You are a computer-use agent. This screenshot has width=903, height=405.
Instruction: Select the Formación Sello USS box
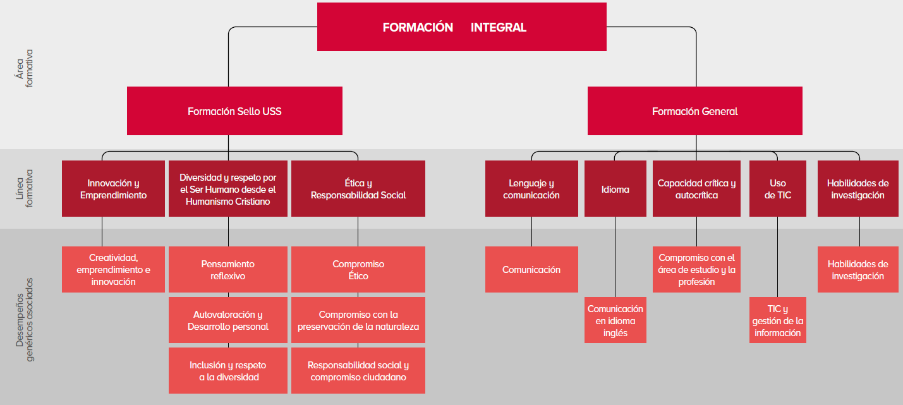point(234,111)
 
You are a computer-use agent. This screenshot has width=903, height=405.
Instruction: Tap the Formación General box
point(694,111)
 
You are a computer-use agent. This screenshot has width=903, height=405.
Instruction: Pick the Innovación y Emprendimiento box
point(113,189)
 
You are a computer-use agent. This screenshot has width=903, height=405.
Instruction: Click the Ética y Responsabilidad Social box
point(358,189)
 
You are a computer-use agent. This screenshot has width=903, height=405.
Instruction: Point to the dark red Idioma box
point(615,189)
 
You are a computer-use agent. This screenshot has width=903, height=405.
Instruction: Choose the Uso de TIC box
point(777,189)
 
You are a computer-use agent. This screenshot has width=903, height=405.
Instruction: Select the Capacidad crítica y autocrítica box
point(696,189)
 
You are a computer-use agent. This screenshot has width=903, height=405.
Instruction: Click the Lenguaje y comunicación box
point(531,189)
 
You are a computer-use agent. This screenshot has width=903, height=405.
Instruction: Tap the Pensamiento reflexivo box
point(227,269)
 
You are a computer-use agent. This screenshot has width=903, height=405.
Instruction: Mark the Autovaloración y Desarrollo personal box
point(227,320)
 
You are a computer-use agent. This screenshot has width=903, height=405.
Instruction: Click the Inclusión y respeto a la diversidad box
point(227,371)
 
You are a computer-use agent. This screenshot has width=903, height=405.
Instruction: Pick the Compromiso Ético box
point(358,269)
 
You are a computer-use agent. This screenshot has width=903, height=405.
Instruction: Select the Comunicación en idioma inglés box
point(615,320)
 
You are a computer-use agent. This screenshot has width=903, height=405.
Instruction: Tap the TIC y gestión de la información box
point(777,320)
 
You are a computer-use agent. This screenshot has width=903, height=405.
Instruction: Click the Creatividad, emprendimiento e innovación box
point(113,269)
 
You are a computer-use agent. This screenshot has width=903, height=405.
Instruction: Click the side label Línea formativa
point(24,188)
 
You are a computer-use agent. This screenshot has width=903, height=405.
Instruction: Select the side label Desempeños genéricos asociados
point(24,319)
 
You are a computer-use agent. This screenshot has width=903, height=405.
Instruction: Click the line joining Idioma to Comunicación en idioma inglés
point(615,257)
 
